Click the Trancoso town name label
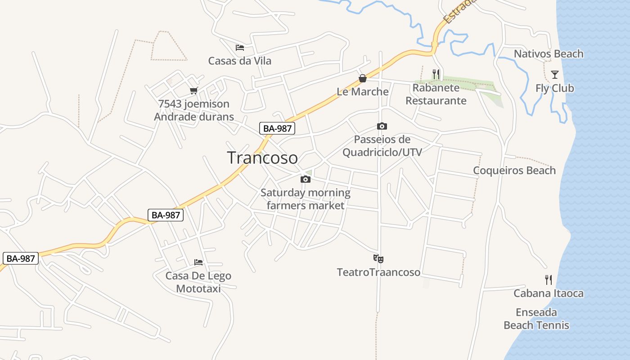[262, 158]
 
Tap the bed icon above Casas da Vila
[240, 47]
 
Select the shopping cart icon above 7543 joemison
[194, 91]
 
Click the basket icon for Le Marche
[363, 79]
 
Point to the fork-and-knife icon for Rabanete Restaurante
[436, 74]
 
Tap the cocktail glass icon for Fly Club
[555, 75]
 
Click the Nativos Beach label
[549, 54]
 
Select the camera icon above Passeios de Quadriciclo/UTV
[382, 126]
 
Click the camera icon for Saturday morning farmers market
[306, 180]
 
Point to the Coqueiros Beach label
[514, 171]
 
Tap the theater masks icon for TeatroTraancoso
[378, 259]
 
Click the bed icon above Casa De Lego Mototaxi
[198, 262]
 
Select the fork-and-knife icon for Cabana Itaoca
[549, 280]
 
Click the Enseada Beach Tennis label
[536, 319]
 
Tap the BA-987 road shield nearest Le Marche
[277, 128]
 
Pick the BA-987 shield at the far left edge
[21, 259]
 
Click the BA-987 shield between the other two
[166, 215]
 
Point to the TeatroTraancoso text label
[378, 272]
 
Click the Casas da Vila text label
[240, 61]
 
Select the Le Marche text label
[363, 92]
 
